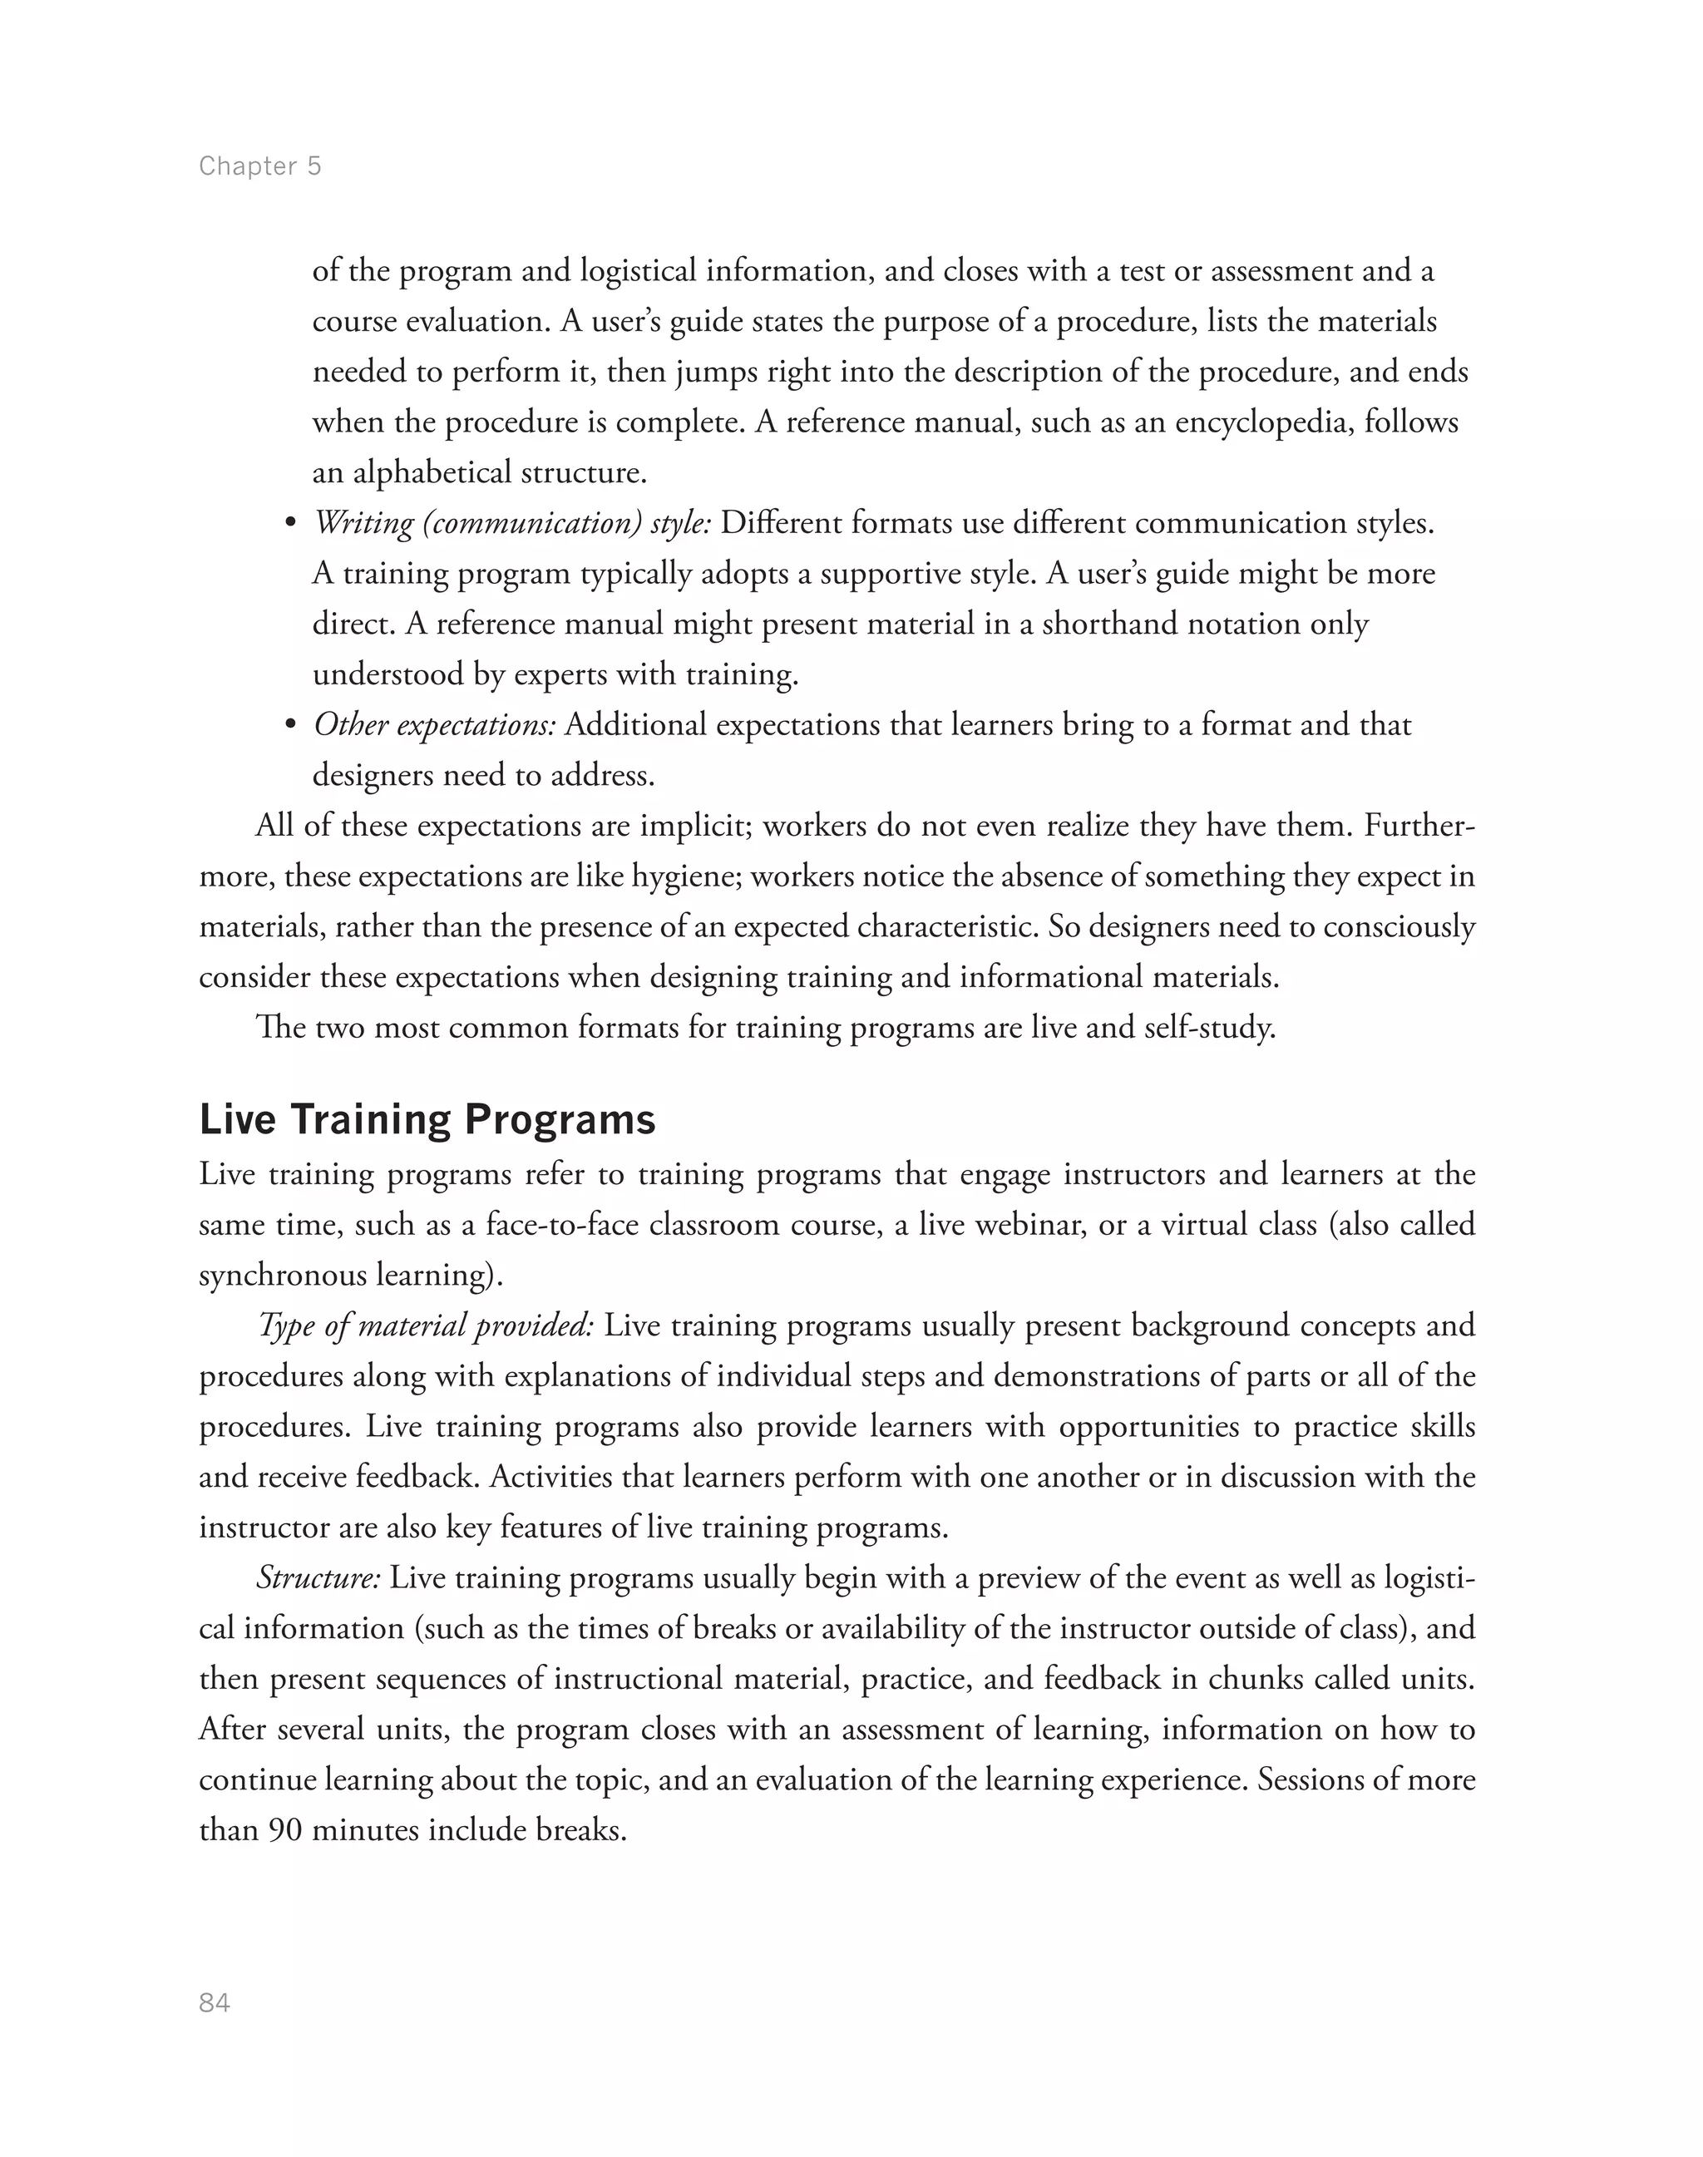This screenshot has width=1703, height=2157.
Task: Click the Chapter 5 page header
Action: pyautogui.click(x=259, y=165)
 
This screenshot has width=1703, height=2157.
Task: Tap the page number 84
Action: pyautogui.click(x=215, y=2003)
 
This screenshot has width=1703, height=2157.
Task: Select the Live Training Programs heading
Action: pyautogui.click(x=427, y=1120)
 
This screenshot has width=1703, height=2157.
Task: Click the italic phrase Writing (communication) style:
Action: pyautogui.click(x=511, y=524)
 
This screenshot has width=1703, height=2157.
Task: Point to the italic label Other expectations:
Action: pyautogui.click(x=434, y=725)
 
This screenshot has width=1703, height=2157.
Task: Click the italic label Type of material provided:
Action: pyautogui.click(x=426, y=1326)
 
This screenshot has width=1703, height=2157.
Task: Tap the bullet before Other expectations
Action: pyautogui.click(x=291, y=726)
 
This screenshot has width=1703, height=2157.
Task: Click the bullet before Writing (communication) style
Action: pyautogui.click(x=291, y=524)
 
